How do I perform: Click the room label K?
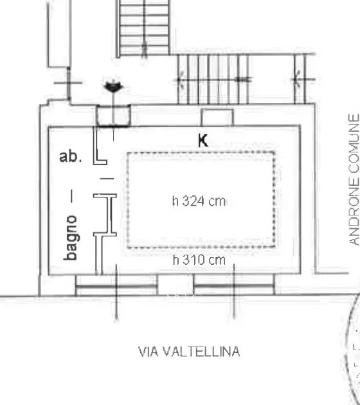click(x=203, y=141)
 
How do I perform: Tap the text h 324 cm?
click(x=199, y=201)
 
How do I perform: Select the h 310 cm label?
click(x=199, y=260)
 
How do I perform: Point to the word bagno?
click(x=71, y=238)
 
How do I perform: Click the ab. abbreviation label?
click(x=71, y=156)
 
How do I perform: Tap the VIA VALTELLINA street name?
click(x=189, y=352)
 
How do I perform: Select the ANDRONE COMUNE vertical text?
click(x=354, y=179)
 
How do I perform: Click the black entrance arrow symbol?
click(x=113, y=87)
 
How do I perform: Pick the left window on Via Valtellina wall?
click(x=116, y=285)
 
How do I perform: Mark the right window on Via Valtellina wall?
click(x=234, y=285)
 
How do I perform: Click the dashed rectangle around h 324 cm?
click(x=127, y=200)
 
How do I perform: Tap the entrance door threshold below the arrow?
click(x=113, y=116)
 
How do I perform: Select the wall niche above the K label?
click(x=217, y=117)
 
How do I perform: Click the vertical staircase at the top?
click(x=143, y=28)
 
